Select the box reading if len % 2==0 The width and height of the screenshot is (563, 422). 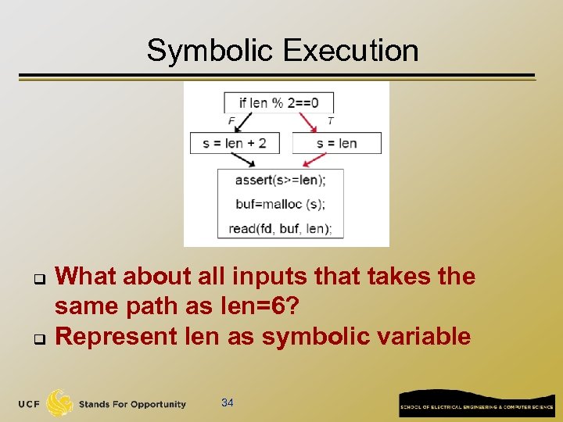pyautogui.click(x=278, y=102)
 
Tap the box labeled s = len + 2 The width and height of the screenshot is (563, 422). pyautogui.click(x=235, y=143)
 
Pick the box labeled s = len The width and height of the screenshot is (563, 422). pyautogui.click(x=336, y=143)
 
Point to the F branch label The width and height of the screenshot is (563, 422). pyautogui.click(x=231, y=121)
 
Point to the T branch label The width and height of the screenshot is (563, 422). pyautogui.click(x=331, y=121)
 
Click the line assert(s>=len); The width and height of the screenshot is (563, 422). pyautogui.click(x=280, y=181)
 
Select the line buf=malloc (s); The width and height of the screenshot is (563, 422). pyautogui.click(x=280, y=205)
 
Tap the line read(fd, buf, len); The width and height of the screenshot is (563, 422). pyautogui.click(x=280, y=229)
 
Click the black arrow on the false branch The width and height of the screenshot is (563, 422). pyautogui.click(x=242, y=123)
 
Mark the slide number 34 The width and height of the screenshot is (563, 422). pyautogui.click(x=228, y=403)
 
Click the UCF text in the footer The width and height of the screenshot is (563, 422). pyautogui.click(x=30, y=404)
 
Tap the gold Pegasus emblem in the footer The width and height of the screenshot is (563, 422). pyautogui.click(x=59, y=403)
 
